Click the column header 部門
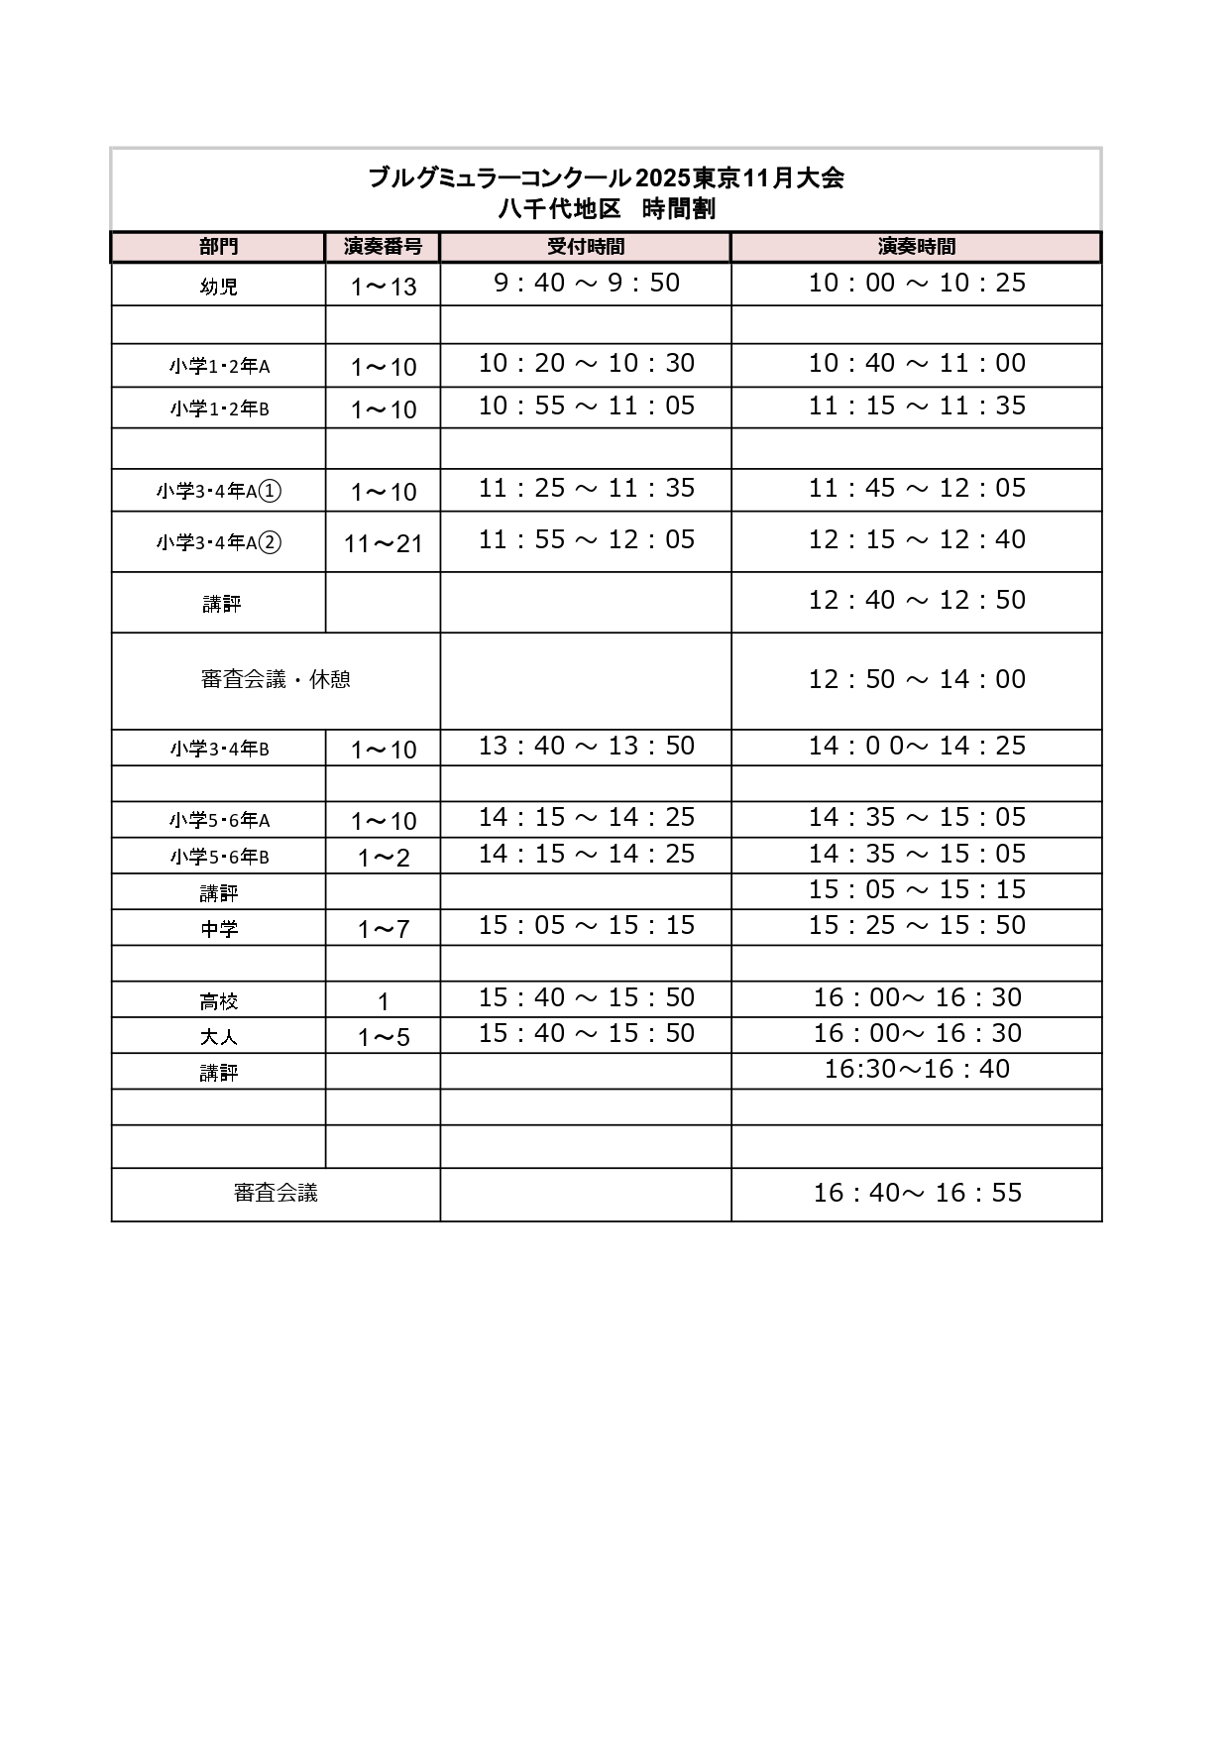(x=218, y=247)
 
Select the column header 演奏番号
(x=383, y=247)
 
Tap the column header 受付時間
(x=586, y=247)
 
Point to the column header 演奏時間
(x=917, y=247)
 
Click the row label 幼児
(x=218, y=287)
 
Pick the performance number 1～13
(x=384, y=288)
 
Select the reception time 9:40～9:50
(x=587, y=283)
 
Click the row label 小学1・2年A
(x=219, y=366)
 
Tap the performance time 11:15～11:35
(x=917, y=406)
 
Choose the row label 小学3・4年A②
(x=219, y=542)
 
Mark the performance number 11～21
(x=384, y=543)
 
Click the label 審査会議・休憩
(x=276, y=680)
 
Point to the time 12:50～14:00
(x=917, y=679)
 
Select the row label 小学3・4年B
(x=219, y=749)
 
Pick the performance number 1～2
(x=384, y=858)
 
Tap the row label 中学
(x=219, y=929)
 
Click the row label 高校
(x=219, y=1001)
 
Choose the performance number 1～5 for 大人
(x=384, y=1037)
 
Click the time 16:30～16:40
(x=917, y=1069)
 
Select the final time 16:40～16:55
(x=917, y=1193)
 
